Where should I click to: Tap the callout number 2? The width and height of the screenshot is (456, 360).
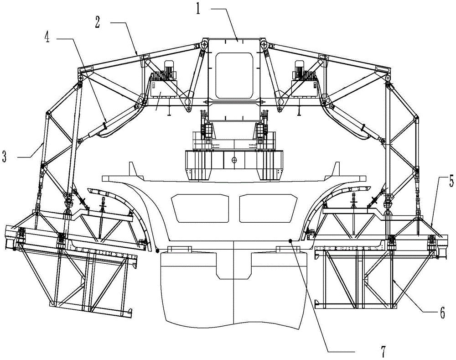(x=98, y=22)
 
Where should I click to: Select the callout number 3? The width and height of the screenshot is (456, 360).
(x=4, y=157)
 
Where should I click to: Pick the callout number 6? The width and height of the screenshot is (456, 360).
(x=442, y=313)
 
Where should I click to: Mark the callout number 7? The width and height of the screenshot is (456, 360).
(x=383, y=352)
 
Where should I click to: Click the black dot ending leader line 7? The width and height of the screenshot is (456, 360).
(x=290, y=240)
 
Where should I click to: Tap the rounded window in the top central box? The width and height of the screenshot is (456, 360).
(x=234, y=75)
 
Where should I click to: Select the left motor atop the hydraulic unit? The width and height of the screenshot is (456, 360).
(x=168, y=69)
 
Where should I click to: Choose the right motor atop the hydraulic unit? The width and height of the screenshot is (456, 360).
(x=299, y=69)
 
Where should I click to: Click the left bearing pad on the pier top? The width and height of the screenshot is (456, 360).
(x=180, y=249)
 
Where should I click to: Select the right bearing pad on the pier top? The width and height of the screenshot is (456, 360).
(x=288, y=249)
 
